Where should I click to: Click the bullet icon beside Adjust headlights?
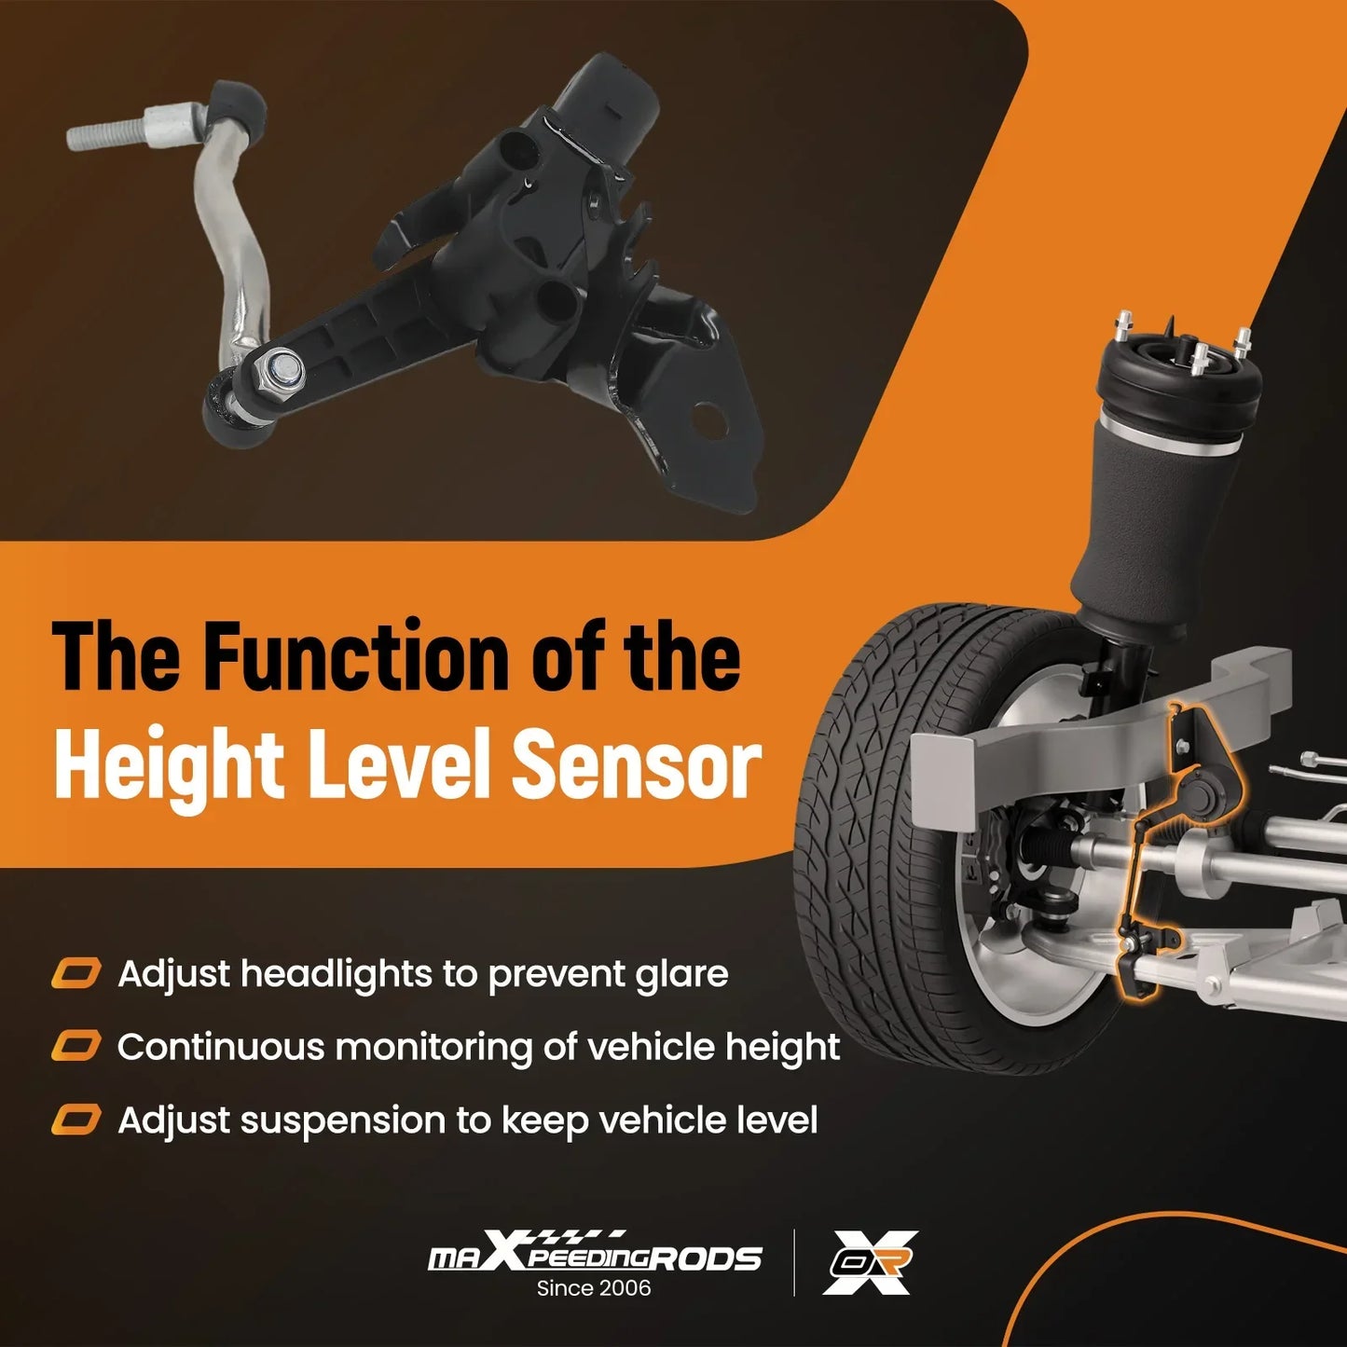pyautogui.click(x=76, y=973)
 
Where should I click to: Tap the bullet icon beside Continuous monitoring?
pyautogui.click(x=76, y=1046)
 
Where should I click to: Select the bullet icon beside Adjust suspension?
pyautogui.click(x=76, y=1120)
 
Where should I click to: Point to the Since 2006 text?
pyautogui.click(x=594, y=1287)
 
